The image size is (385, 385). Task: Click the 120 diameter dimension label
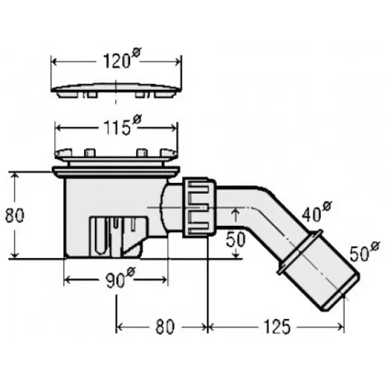tap(121, 59)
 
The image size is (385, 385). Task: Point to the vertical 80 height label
tap(15, 216)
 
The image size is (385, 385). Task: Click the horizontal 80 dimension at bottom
tap(165, 327)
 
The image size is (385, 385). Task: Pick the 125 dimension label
tap(277, 327)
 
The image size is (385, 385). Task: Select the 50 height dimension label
tap(235, 239)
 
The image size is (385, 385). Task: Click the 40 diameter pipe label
tap(317, 212)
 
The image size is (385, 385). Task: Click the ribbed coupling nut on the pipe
tap(200, 207)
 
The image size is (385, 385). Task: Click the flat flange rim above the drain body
tap(116, 171)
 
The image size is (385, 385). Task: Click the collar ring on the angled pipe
tap(299, 252)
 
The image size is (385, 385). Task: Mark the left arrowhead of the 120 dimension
tap(55, 62)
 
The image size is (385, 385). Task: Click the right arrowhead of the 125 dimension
tap(341, 327)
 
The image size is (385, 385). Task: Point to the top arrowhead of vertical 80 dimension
tap(15, 175)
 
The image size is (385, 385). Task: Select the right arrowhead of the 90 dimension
tap(164, 279)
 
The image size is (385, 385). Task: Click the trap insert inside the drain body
tap(119, 236)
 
